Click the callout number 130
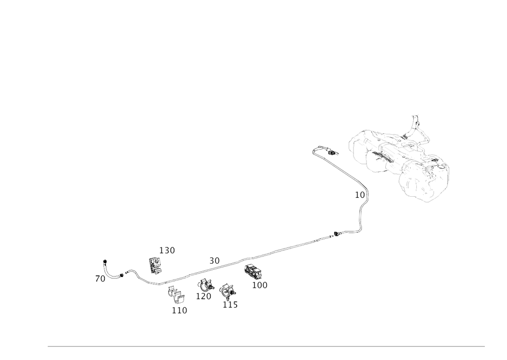[167, 250]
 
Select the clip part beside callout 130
[155, 264]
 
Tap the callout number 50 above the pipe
[215, 261]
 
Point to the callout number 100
[261, 285]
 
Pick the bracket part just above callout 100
[251, 271]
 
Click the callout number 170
[204, 296]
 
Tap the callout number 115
[230, 305]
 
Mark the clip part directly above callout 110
[175, 295]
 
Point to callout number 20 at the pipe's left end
[100, 278]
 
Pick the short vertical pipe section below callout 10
[360, 218]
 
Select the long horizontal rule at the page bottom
[266, 346]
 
